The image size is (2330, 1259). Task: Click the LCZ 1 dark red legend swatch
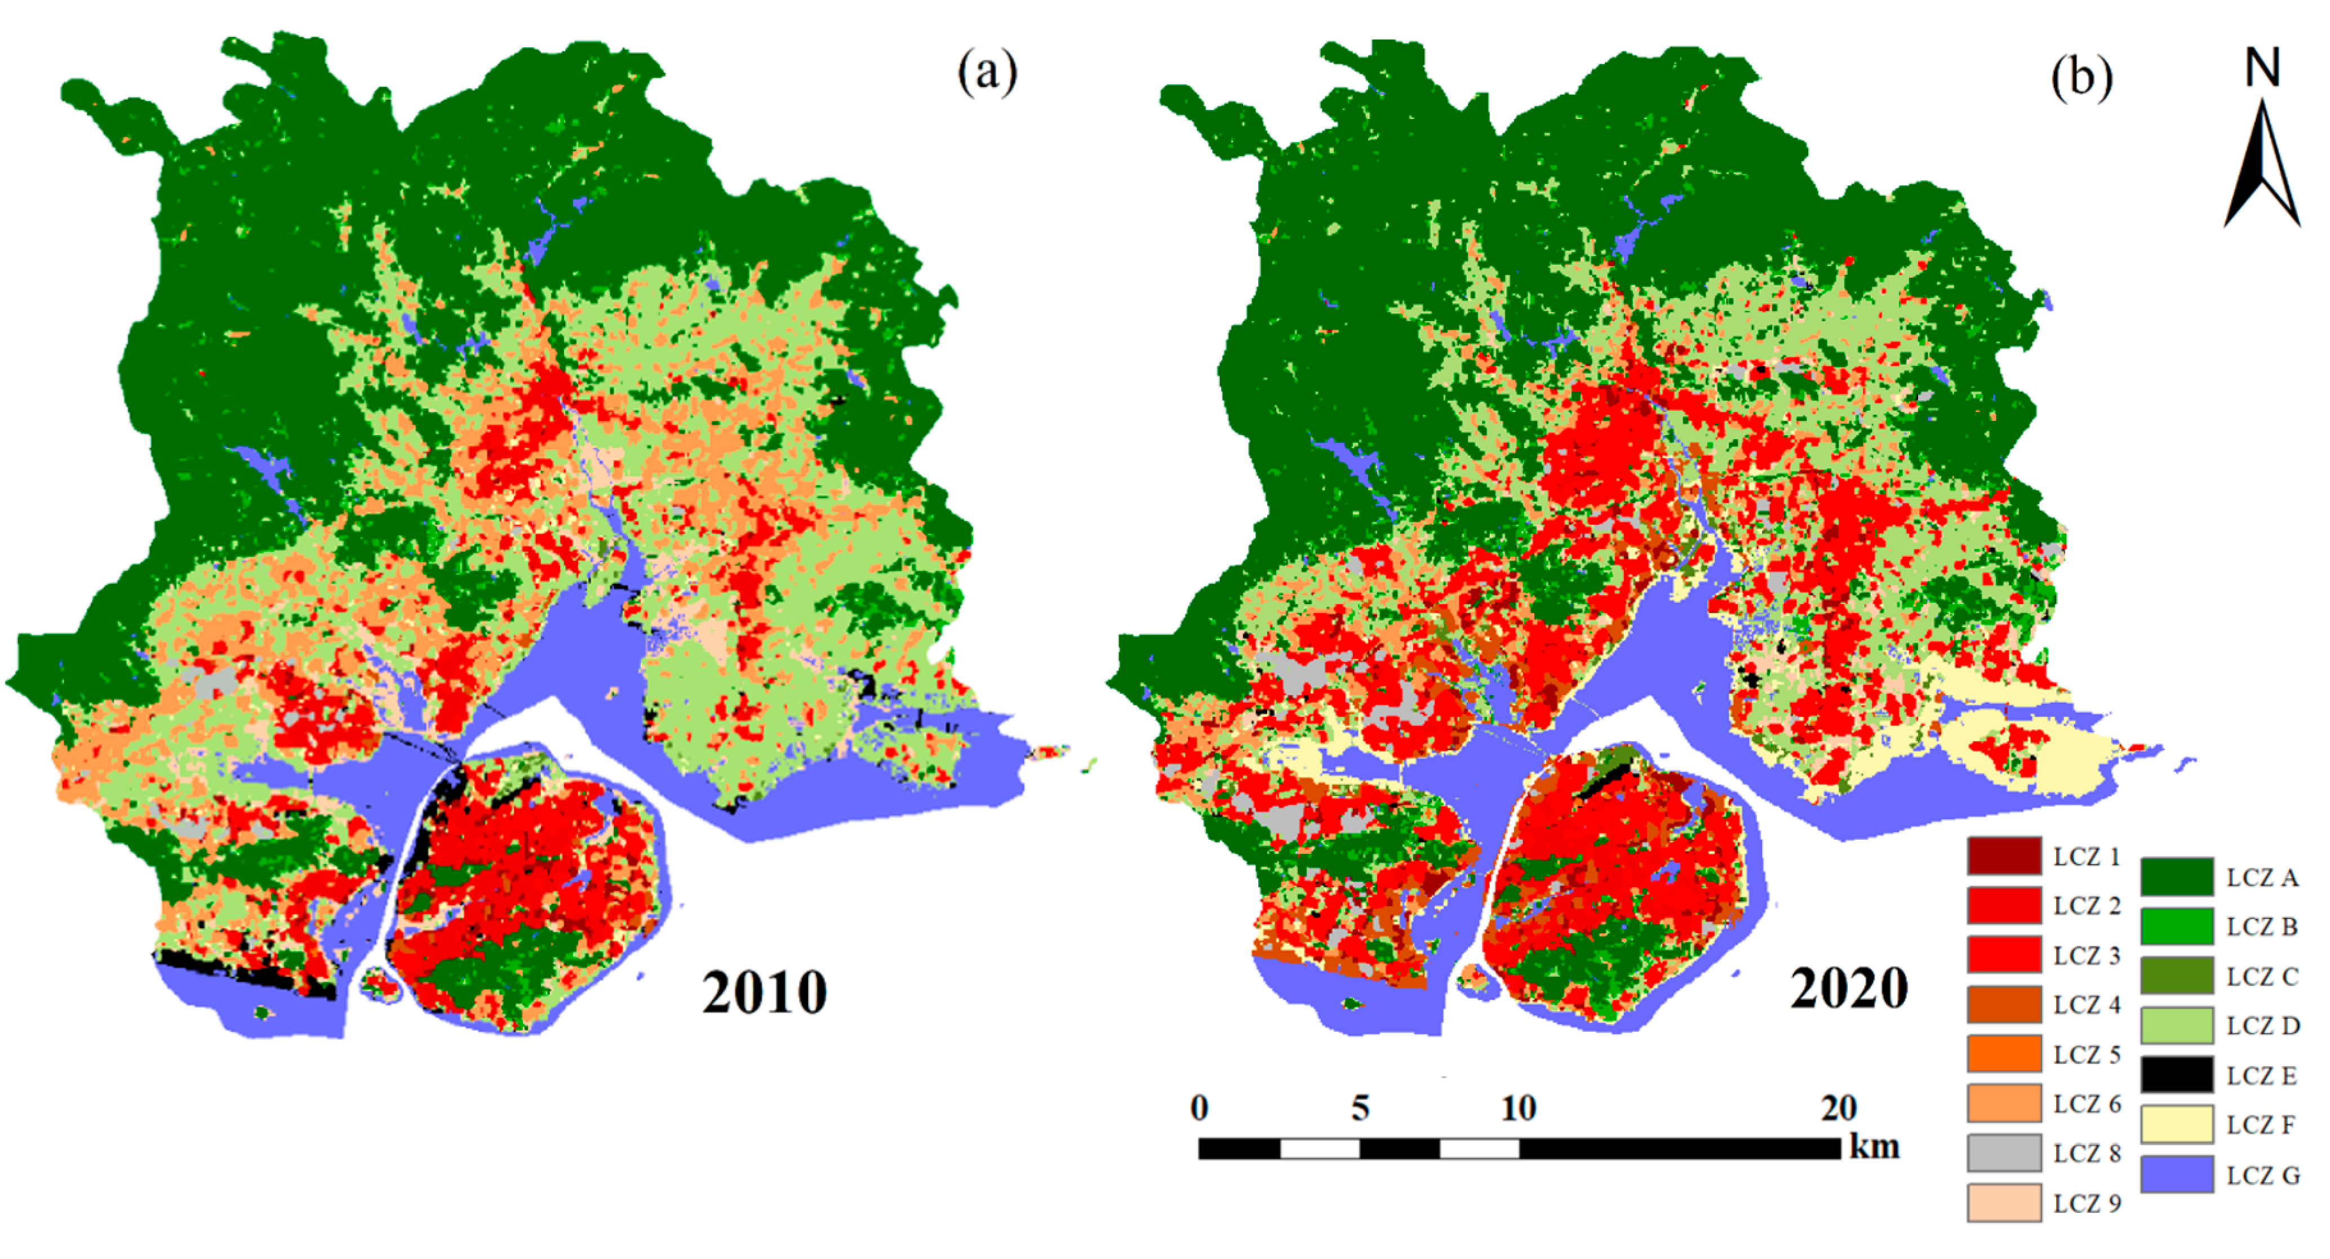2004,855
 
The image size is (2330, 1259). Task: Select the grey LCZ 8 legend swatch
2004,1153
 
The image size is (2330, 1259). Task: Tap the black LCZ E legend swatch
2176,1075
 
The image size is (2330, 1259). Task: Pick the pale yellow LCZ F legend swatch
2176,1124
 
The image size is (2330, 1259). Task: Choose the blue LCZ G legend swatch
2176,1174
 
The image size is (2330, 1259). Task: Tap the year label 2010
764,993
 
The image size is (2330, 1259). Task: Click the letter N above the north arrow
2262,68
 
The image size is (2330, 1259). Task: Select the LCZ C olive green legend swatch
2176,976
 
